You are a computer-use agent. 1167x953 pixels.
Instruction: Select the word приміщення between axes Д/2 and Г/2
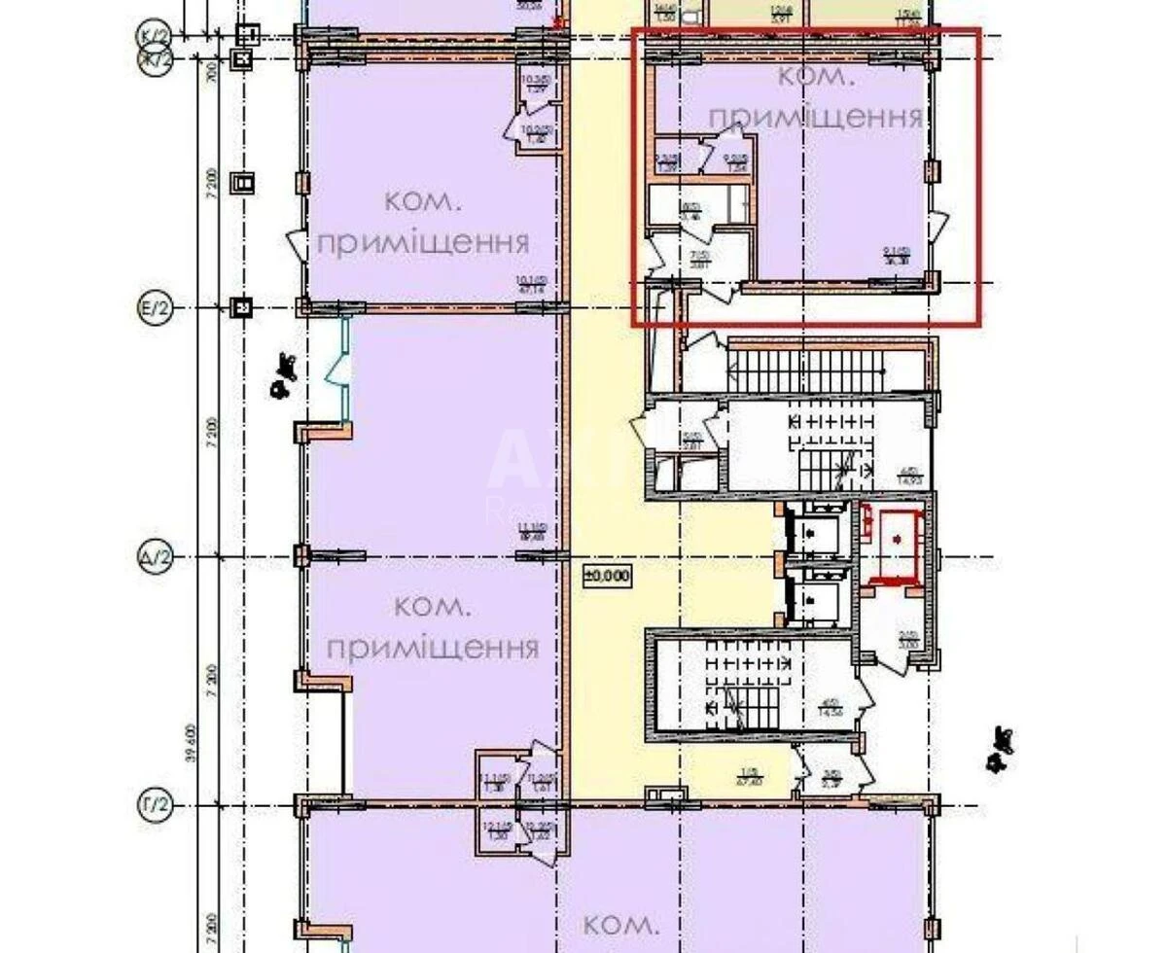point(433,649)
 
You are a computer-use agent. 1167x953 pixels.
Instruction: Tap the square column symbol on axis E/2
point(243,309)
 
